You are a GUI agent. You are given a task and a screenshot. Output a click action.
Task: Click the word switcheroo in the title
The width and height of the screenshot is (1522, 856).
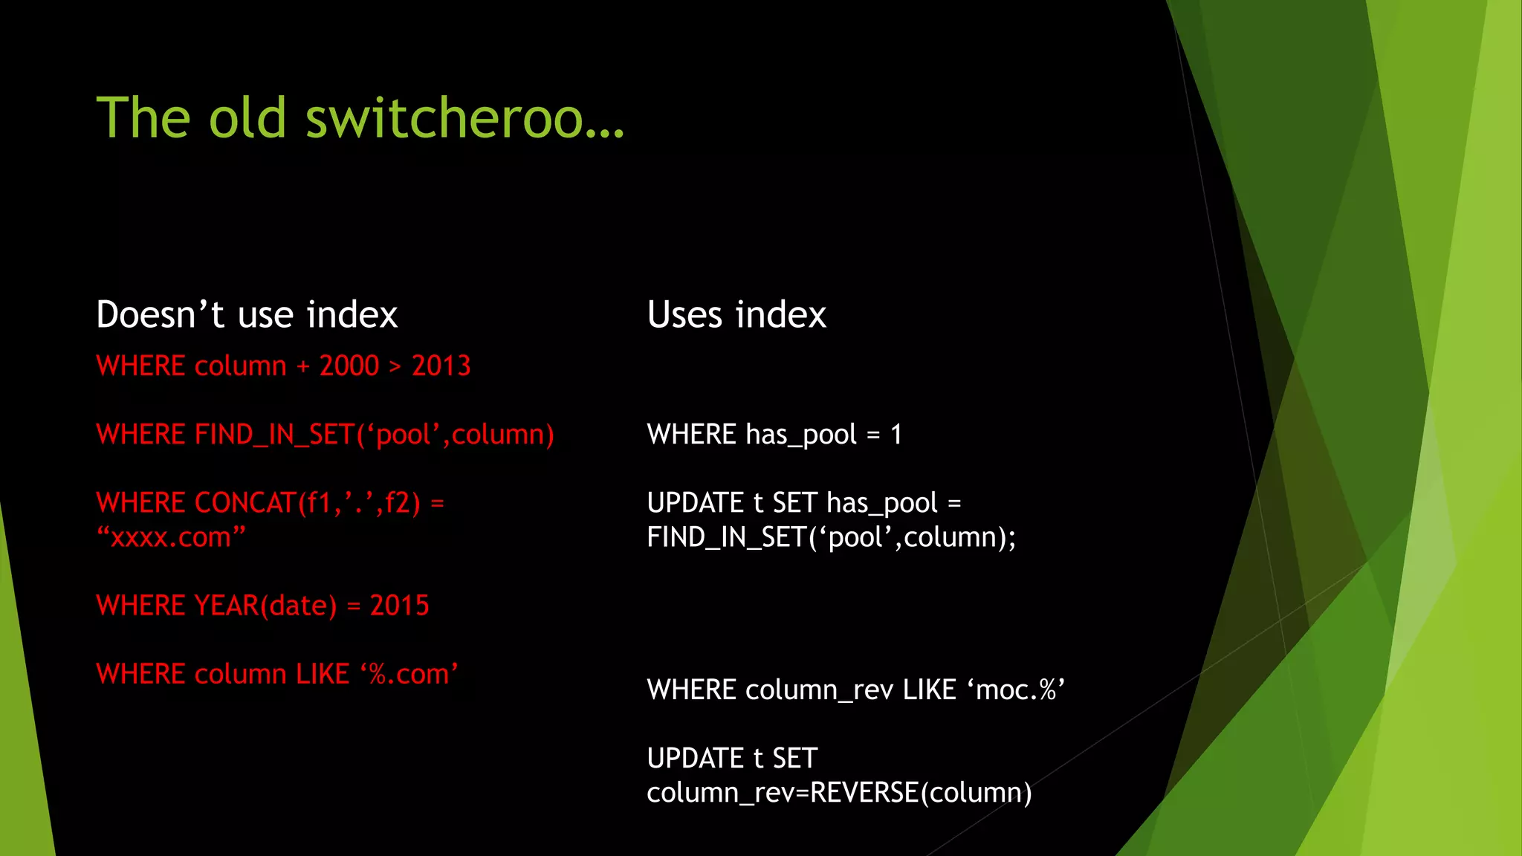pyautogui.click(x=464, y=118)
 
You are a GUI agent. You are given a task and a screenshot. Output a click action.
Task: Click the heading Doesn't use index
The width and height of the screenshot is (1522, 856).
pyautogui.click(x=247, y=314)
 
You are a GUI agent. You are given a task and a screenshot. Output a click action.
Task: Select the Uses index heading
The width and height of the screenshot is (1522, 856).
pyautogui.click(x=736, y=314)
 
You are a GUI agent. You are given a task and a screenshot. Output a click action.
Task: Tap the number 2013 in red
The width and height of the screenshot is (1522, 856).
pyautogui.click(x=441, y=366)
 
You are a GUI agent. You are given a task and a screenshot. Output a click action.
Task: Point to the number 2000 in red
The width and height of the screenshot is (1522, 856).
pyautogui.click(x=349, y=366)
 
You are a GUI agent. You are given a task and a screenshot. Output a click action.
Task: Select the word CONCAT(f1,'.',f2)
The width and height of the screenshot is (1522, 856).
pyautogui.click(x=308, y=503)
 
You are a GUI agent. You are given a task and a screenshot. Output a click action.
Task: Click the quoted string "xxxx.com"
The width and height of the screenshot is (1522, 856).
pyautogui.click(x=171, y=537)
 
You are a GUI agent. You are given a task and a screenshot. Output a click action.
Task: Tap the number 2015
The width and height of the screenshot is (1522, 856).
pyautogui.click(x=400, y=606)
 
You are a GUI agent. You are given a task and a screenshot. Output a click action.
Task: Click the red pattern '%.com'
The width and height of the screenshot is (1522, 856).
pyautogui.click(x=409, y=674)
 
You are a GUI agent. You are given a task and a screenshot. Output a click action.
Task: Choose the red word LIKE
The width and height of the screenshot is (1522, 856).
pyautogui.click(x=323, y=674)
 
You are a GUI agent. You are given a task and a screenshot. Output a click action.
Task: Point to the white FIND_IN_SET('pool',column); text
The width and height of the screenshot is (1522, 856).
pyautogui.click(x=831, y=537)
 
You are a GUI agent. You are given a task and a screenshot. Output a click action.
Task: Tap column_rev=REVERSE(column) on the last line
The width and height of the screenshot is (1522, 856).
pyautogui.click(x=839, y=793)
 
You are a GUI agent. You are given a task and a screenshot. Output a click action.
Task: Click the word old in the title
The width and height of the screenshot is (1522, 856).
pyautogui.click(x=247, y=118)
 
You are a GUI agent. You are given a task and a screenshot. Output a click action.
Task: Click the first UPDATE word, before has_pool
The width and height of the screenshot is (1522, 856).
pyautogui.click(x=695, y=503)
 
